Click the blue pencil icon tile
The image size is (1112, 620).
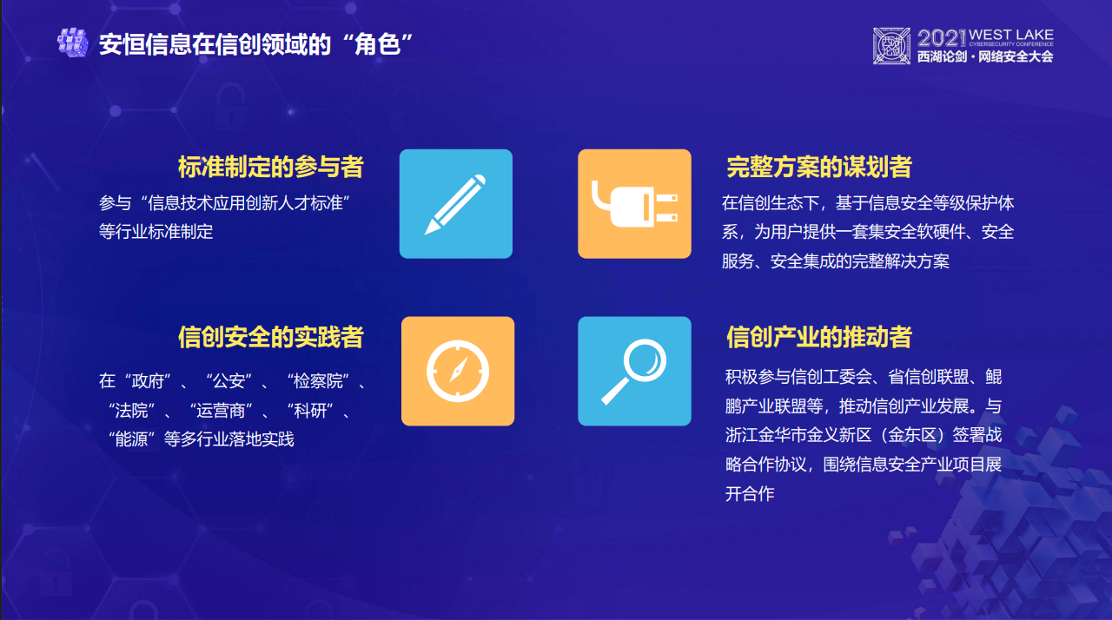pos(455,204)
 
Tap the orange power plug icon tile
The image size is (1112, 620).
pos(634,204)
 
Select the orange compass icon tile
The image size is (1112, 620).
pos(457,372)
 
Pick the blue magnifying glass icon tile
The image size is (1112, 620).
pos(634,372)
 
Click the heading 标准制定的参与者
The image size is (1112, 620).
pos(270,167)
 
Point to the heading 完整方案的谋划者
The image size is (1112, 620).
pos(818,167)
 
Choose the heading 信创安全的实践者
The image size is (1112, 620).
pos(270,337)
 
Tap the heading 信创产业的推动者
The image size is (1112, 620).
pos(818,337)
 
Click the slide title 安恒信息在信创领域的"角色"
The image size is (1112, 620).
pos(255,43)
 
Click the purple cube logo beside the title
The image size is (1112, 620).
pos(73,43)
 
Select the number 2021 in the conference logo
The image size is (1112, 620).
pos(943,37)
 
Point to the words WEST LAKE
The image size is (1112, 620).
pos(1011,35)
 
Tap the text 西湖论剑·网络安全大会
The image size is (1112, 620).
pos(984,56)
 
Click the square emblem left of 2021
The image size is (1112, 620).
pos(892,45)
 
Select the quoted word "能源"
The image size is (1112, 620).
pos(132,439)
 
